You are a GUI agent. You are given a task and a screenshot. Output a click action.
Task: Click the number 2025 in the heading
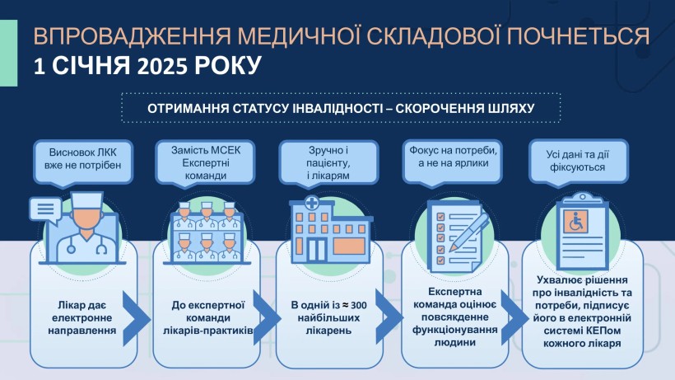tap(163, 66)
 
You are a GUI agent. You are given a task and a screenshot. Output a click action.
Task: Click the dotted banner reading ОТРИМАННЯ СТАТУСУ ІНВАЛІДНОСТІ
tap(341, 108)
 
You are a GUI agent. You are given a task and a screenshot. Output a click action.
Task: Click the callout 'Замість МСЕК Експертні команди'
tap(205, 163)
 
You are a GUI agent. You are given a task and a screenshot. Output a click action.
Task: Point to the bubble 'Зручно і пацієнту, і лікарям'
tap(328, 163)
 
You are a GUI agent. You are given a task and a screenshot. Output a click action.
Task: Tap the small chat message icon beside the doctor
tap(45, 210)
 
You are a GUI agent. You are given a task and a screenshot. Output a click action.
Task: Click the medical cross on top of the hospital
tap(312, 203)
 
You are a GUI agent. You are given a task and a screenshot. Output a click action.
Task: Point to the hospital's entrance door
tap(316, 250)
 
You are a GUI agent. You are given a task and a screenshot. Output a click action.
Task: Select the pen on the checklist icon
tap(469, 232)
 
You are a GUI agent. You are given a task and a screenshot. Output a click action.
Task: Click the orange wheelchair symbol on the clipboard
tap(575, 222)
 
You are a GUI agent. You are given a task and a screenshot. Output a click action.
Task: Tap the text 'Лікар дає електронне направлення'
tap(82, 318)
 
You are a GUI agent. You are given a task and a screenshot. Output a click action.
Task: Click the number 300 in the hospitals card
tap(359, 306)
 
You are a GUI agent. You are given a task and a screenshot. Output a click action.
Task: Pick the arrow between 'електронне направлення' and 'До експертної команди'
tap(137, 318)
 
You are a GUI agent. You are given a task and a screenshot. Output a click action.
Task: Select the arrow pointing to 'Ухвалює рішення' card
tap(514, 318)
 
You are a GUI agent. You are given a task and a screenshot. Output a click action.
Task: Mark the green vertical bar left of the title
tap(8, 53)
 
